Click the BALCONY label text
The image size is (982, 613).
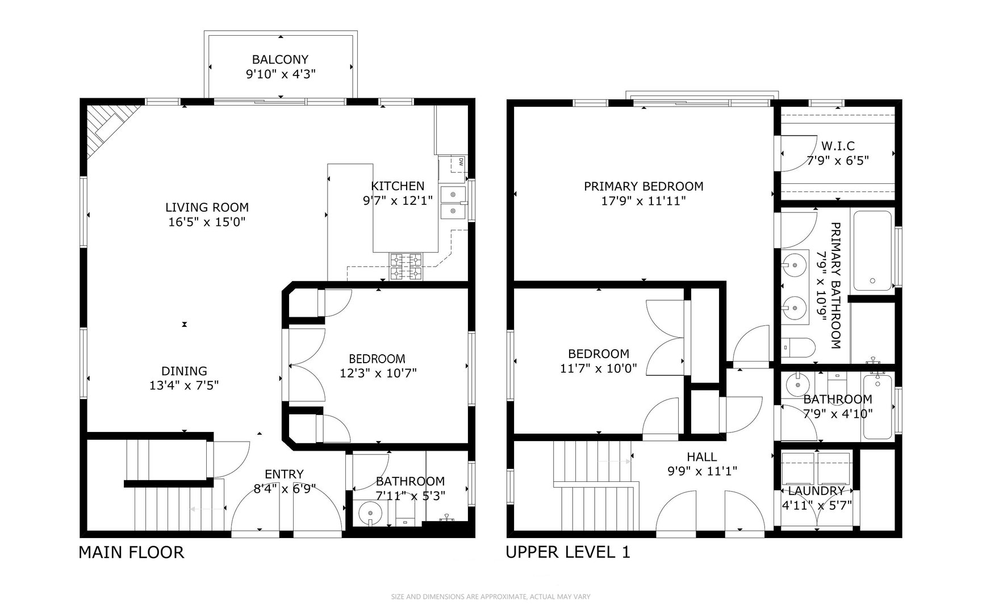click(x=280, y=60)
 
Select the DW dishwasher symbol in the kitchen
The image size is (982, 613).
click(x=458, y=162)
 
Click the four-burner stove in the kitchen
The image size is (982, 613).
click(x=406, y=266)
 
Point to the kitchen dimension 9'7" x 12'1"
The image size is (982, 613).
click(x=398, y=200)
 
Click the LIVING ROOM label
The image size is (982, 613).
click(x=207, y=207)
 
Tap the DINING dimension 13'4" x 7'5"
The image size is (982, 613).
click(x=184, y=385)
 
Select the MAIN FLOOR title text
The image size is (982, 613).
click(x=131, y=552)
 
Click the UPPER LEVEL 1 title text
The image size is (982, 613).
click(x=568, y=552)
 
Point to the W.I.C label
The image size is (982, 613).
click(x=838, y=146)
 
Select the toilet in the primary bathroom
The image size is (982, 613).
click(x=798, y=346)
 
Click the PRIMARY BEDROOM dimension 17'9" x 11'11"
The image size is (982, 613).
click(x=643, y=200)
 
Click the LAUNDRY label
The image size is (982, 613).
click(x=816, y=491)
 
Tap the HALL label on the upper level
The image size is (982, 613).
click(x=701, y=457)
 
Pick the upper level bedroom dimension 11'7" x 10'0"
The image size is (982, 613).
click(x=598, y=368)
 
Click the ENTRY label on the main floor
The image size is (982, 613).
click(x=284, y=474)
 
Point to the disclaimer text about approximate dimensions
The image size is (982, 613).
click(x=491, y=597)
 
